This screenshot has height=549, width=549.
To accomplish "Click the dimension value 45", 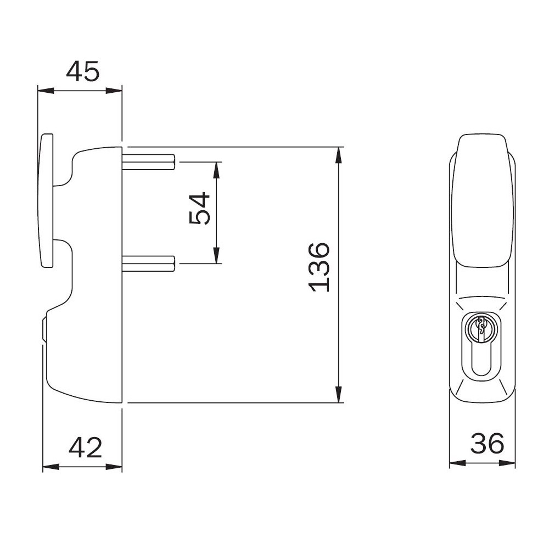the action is pyautogui.click(x=83, y=71).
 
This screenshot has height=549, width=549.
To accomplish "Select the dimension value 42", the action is pyautogui.click(x=86, y=447).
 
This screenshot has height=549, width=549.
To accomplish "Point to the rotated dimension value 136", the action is pyautogui.click(x=319, y=267).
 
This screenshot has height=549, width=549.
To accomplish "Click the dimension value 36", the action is pyautogui.click(x=488, y=443).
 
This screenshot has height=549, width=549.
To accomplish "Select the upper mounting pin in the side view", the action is pyautogui.click(x=148, y=162).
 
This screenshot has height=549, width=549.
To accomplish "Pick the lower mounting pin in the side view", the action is pyautogui.click(x=148, y=264).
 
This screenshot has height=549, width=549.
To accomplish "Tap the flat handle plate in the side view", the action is pyautogui.click(x=46, y=200).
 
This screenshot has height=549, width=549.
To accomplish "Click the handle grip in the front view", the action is pyautogui.click(x=483, y=200).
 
